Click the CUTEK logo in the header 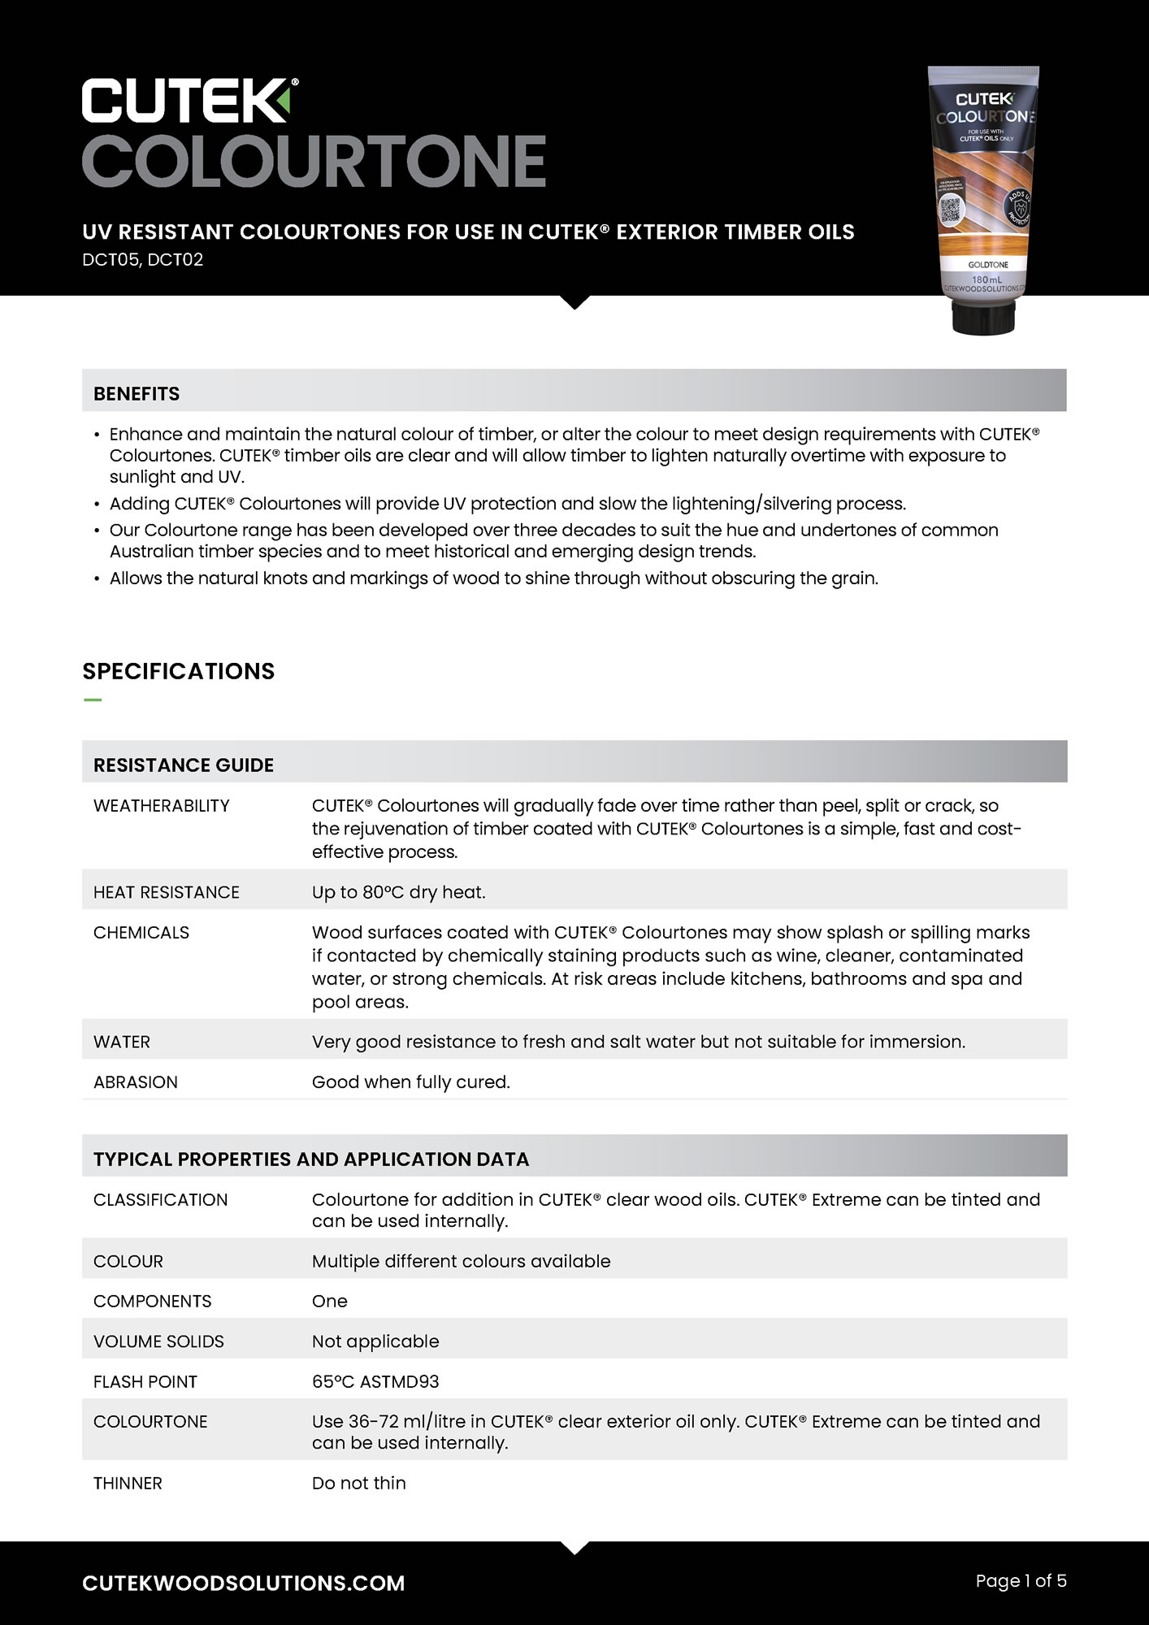[x=189, y=101]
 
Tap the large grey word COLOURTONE [x=314, y=161]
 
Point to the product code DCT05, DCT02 [x=142, y=260]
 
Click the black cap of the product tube [x=983, y=318]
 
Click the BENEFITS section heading [x=137, y=394]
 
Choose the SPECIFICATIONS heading [x=179, y=671]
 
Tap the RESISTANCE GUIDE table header [x=184, y=765]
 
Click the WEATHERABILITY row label [x=162, y=806]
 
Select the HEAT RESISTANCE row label [x=167, y=892]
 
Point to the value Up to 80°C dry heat [x=399, y=892]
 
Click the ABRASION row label [x=136, y=1082]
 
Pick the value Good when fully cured [x=411, y=1082]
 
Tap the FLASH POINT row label [x=145, y=1382]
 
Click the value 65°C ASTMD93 [x=375, y=1382]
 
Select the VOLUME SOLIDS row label [x=158, y=1341]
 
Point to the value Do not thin [x=359, y=1484]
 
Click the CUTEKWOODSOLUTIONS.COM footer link [x=244, y=1583]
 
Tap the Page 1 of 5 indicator [x=1021, y=1581]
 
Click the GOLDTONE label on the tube [x=987, y=265]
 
